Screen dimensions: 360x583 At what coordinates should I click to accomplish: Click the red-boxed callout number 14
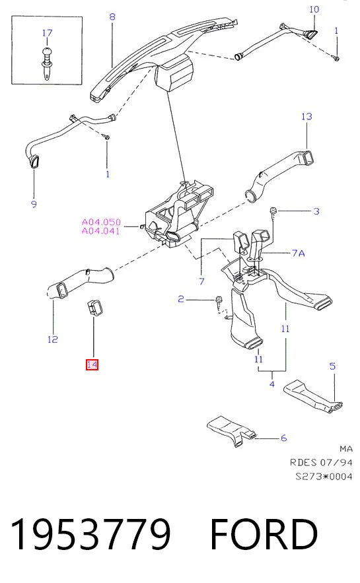click(92, 364)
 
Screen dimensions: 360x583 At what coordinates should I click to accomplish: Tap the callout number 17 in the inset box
click(48, 33)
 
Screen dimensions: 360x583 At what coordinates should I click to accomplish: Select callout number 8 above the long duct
click(112, 17)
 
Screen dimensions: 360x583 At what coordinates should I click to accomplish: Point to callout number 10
click(314, 9)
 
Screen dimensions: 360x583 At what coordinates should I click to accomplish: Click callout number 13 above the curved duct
click(306, 116)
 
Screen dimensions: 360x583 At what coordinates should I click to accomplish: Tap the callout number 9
click(34, 204)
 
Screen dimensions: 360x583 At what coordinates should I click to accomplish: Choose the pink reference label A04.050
click(101, 222)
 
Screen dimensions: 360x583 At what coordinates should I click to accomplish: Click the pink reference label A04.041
click(101, 231)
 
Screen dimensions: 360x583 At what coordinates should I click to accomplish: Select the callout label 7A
click(299, 253)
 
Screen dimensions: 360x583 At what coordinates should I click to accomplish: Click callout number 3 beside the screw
click(316, 211)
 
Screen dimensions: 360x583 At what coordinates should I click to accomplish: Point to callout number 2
click(181, 299)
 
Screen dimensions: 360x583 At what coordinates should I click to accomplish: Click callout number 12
click(53, 339)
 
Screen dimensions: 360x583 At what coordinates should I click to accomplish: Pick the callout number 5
click(332, 366)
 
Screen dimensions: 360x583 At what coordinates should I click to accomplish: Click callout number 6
click(284, 438)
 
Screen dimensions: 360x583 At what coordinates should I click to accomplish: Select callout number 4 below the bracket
click(272, 384)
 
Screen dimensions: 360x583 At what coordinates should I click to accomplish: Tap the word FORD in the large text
click(264, 534)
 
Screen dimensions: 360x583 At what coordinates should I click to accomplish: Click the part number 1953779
click(91, 534)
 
